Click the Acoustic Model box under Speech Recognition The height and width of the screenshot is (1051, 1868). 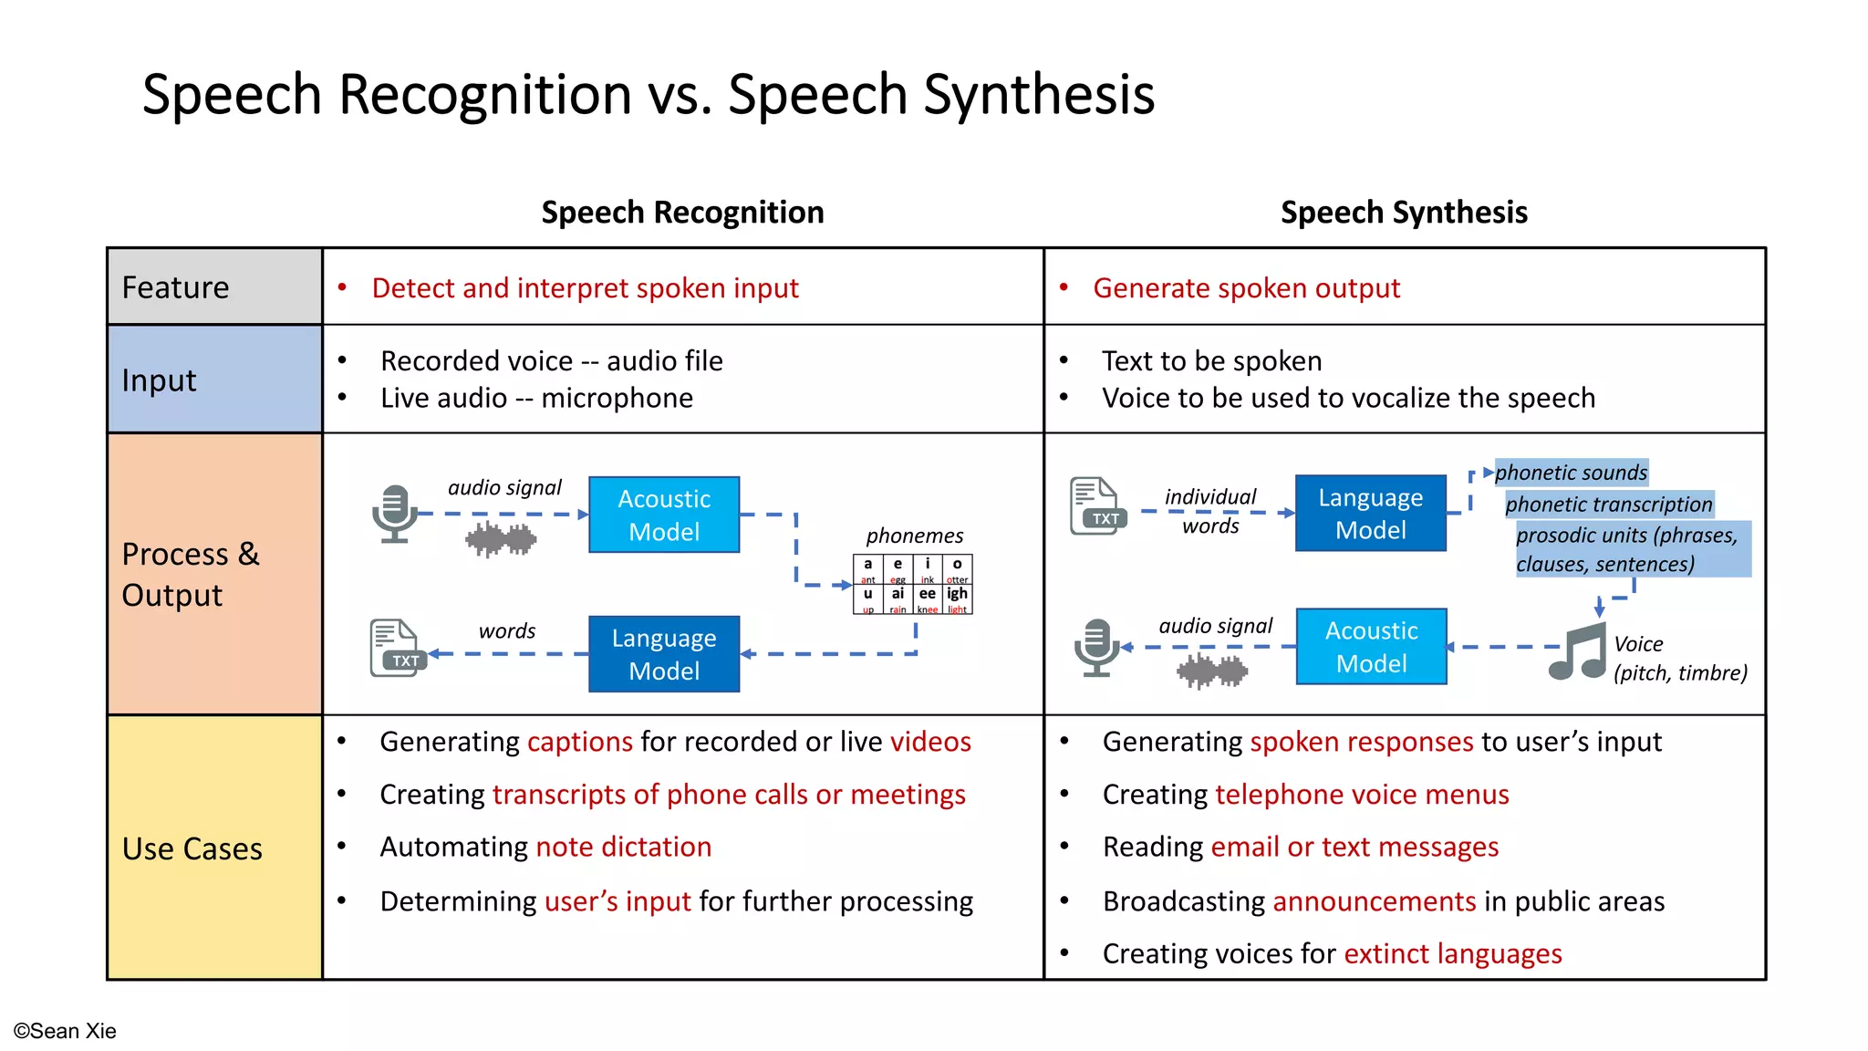[x=664, y=515]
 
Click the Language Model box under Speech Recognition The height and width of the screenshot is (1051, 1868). [x=664, y=654]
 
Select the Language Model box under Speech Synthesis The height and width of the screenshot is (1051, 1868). [x=1370, y=513]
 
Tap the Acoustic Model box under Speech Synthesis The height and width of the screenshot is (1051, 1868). [x=1371, y=647]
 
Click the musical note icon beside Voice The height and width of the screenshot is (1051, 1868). [x=1577, y=651]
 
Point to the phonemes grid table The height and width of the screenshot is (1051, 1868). [x=912, y=584]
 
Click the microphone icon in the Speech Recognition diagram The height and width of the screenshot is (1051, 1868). [x=394, y=514]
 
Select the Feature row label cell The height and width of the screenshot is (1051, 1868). [x=214, y=286]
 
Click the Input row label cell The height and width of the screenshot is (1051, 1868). [x=214, y=380]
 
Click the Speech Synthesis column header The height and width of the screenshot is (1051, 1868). [x=1404, y=212]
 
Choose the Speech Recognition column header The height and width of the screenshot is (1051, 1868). [x=682, y=212]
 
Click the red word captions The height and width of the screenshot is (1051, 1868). [x=580, y=742]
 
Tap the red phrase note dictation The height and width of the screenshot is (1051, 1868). [x=624, y=847]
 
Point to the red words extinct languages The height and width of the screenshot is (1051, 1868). [x=1452, y=953]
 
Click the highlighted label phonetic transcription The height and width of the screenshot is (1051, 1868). [x=1609, y=505]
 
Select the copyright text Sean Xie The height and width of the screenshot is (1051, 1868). [x=65, y=1031]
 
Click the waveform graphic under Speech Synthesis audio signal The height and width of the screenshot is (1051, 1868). [x=1212, y=672]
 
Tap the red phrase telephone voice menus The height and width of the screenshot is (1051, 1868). [x=1362, y=795]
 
